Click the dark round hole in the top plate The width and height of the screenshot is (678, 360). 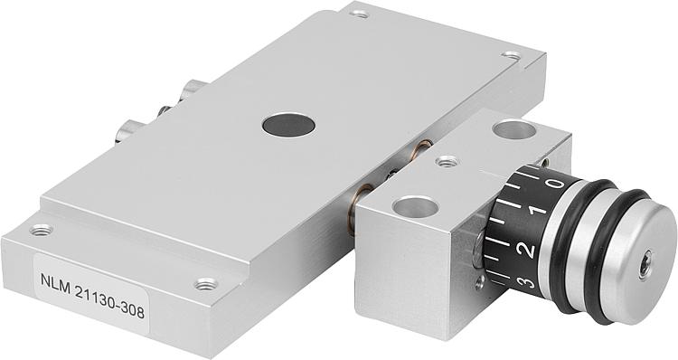pos(288,125)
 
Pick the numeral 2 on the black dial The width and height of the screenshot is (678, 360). pos(528,250)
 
